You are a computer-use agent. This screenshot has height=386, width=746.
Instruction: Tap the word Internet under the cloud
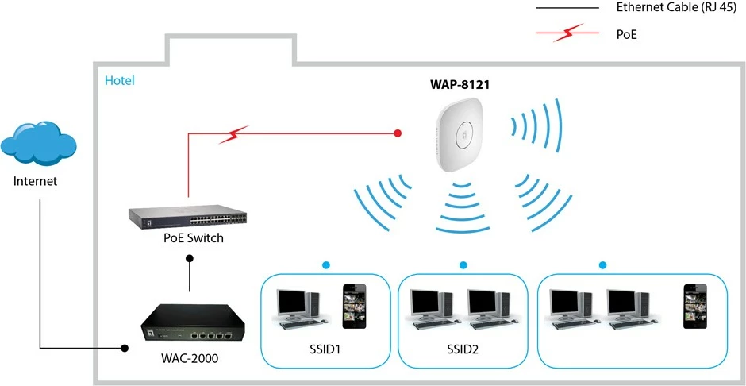36,181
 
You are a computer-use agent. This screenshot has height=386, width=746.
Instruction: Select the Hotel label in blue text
120,80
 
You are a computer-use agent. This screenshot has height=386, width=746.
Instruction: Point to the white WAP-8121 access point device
460,133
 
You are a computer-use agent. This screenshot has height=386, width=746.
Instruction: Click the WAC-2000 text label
188,359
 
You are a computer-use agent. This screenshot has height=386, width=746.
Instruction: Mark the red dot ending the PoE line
398,133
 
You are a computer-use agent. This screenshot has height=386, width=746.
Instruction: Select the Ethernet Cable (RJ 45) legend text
674,7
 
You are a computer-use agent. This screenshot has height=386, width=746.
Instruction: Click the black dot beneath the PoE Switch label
189,258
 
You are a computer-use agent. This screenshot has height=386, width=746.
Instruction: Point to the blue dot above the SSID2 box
463,264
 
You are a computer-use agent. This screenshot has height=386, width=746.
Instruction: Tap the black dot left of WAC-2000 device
124,348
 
